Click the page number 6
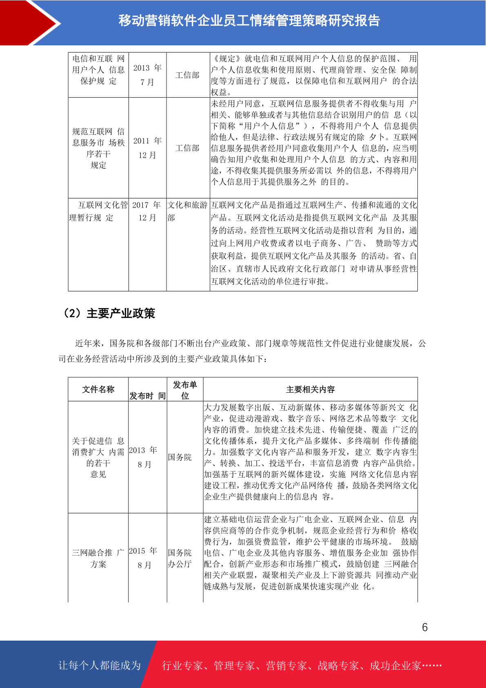(425, 627)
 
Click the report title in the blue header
(249, 20)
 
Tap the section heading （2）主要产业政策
(109, 313)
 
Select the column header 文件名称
(98, 389)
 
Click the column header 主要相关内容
(310, 389)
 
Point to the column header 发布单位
(185, 390)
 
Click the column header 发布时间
(147, 395)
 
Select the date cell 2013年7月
(147, 75)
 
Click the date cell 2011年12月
(147, 148)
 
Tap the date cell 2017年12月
(147, 211)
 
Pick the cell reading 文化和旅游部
(187, 211)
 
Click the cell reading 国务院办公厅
(180, 558)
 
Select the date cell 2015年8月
(144, 558)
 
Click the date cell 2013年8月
(144, 457)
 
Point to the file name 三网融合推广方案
(98, 558)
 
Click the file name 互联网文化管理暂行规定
(98, 211)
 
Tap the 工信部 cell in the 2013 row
(187, 75)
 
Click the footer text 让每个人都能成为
(100, 666)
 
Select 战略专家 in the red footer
(338, 666)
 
